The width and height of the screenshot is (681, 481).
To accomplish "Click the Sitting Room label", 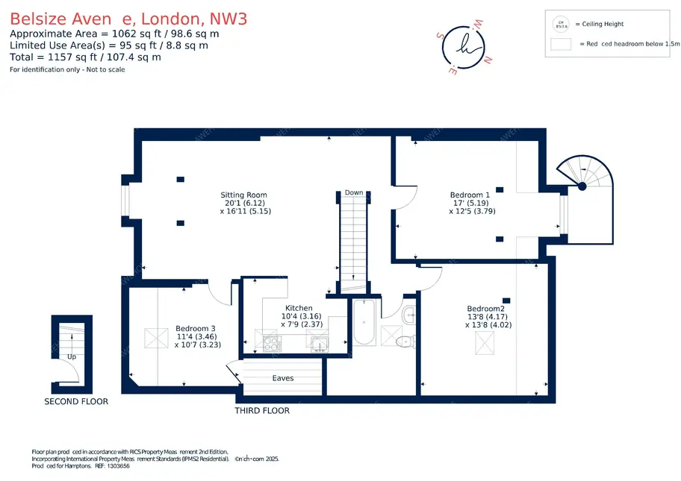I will click(x=243, y=195).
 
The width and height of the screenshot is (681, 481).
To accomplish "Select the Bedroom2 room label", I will click(x=486, y=309).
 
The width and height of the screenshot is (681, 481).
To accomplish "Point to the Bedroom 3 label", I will click(x=196, y=328).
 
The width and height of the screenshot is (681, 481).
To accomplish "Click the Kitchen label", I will click(x=299, y=308).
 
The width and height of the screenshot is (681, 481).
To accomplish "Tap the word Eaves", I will click(x=283, y=378).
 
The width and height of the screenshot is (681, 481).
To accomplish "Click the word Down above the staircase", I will click(x=354, y=192).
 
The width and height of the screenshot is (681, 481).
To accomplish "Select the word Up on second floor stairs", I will click(x=72, y=356).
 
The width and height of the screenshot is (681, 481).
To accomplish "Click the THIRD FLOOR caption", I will click(x=262, y=411).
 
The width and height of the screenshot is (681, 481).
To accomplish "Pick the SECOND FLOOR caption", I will click(x=76, y=401).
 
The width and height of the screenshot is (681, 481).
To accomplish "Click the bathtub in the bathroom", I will click(x=365, y=322).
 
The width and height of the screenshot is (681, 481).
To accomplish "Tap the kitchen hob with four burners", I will click(x=271, y=344).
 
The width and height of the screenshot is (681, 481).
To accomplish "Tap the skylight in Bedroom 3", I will click(x=156, y=339).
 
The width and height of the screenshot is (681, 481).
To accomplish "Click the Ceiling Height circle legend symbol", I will click(x=559, y=24).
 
